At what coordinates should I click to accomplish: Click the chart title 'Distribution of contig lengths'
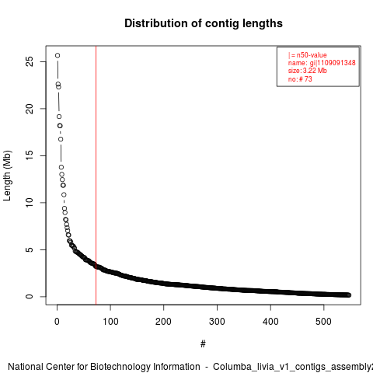coord(204,23)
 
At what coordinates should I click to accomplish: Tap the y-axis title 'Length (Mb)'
coord(8,176)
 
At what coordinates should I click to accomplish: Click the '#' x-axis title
coord(203,344)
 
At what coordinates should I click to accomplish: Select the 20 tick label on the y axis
coord(30,109)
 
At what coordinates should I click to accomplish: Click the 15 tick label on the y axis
coord(30,155)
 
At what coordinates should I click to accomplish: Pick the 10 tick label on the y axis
coord(30,203)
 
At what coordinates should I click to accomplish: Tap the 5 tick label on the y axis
coord(30,249)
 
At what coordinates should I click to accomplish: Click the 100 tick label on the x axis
coord(110,322)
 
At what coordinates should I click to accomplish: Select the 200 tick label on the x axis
coord(164,322)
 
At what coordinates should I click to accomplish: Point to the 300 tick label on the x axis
coord(217,322)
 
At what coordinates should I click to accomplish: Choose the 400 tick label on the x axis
coord(270,322)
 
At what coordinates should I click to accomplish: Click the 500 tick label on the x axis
coord(324,322)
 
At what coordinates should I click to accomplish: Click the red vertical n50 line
coord(96,176)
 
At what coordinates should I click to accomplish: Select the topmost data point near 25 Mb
coord(58,55)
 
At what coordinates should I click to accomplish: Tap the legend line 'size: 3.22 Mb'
coord(308,71)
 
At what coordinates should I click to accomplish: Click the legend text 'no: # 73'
coord(300,79)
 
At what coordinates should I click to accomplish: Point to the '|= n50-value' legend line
coord(307,55)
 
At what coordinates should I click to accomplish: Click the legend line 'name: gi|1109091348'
coord(322,63)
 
